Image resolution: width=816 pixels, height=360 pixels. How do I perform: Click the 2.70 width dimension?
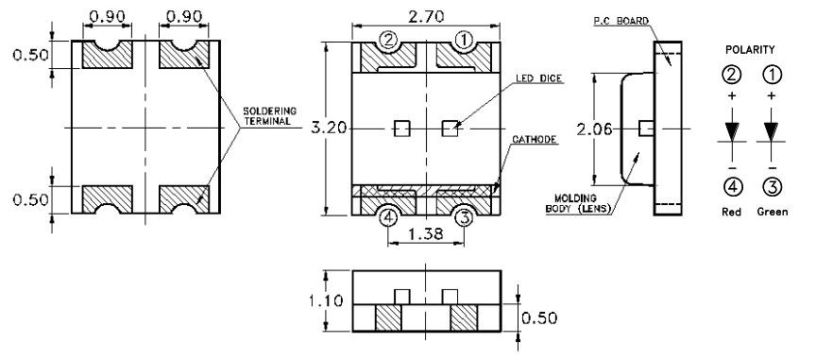[x=426, y=16]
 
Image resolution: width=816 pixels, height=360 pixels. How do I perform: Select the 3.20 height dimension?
[x=329, y=128]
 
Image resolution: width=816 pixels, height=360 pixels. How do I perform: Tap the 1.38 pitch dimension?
[x=426, y=234]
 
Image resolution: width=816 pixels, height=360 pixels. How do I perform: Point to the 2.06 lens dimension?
[x=594, y=129]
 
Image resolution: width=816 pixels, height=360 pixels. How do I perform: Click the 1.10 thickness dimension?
[x=326, y=300]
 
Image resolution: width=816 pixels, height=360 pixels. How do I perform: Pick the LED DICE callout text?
[x=538, y=78]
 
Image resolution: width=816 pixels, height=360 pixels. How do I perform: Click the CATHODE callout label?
[x=535, y=140]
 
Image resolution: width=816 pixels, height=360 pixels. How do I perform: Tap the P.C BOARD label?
[x=621, y=21]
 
